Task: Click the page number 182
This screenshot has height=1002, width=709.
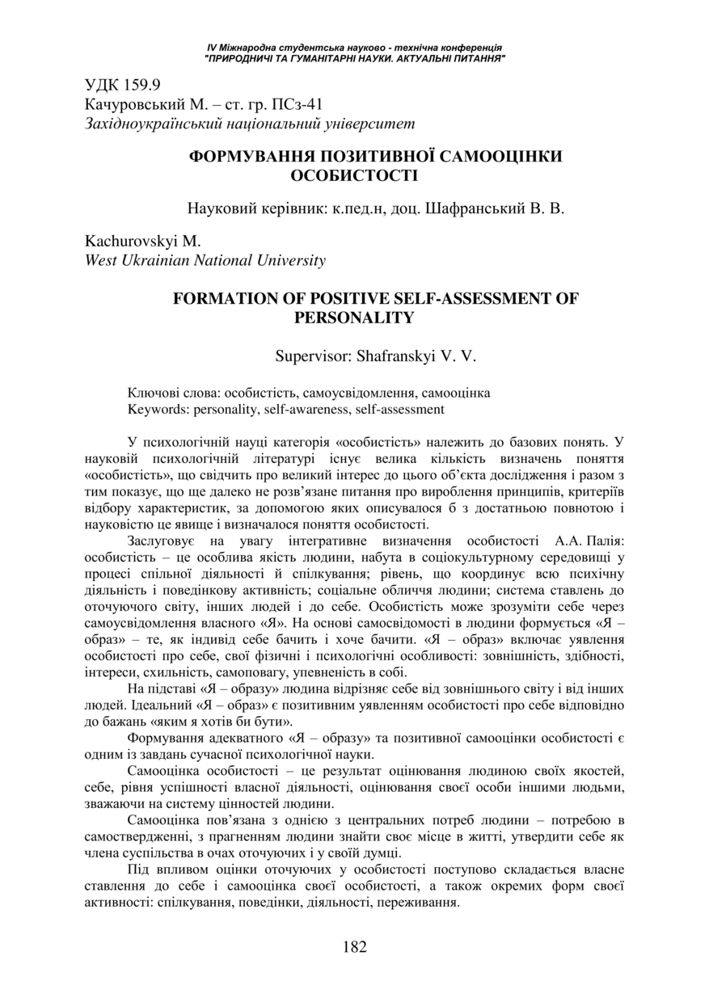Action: coord(354,946)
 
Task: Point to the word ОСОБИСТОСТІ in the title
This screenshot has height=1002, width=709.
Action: coord(354,175)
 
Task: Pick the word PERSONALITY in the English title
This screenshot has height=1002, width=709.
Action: coord(354,318)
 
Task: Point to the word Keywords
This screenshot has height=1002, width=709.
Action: coord(154,409)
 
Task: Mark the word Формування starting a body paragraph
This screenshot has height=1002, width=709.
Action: coord(165,739)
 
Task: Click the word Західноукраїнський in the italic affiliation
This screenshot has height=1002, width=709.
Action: coord(156,124)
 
